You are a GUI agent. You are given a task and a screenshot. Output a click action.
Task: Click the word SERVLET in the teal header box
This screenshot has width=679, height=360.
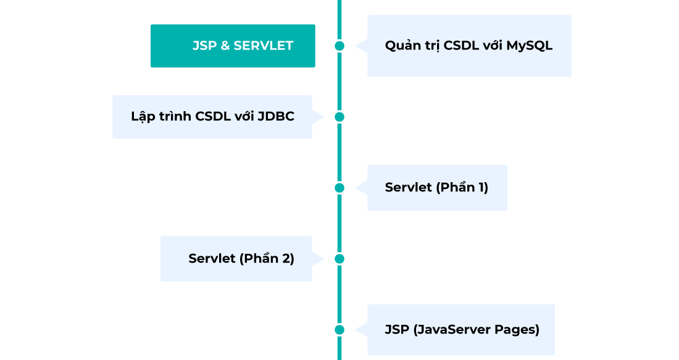(263, 46)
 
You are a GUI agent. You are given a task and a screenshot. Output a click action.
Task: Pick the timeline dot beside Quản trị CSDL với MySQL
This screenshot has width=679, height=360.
(339, 46)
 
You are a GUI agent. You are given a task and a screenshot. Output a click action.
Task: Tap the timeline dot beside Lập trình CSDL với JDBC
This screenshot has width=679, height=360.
(339, 117)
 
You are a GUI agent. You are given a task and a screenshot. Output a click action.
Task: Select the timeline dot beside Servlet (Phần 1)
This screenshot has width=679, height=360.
(339, 188)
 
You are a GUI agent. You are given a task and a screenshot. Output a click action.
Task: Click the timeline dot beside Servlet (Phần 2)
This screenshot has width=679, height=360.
(339, 259)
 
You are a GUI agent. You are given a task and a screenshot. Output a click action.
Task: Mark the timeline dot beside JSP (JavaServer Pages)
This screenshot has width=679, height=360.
(339, 330)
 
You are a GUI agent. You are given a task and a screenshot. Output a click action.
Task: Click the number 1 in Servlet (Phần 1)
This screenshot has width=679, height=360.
(482, 188)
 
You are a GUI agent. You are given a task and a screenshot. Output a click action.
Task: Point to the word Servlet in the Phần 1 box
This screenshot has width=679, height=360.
(408, 188)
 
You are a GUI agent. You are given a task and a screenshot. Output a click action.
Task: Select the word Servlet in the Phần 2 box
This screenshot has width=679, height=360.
(212, 259)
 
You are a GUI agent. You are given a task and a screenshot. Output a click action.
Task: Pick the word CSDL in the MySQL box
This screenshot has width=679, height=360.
(468, 46)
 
